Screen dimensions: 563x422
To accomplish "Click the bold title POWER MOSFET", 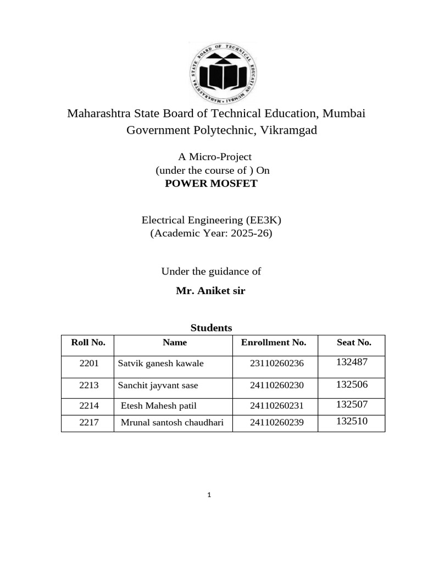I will click(x=211, y=184).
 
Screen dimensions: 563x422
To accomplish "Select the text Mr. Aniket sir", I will click(x=210, y=291).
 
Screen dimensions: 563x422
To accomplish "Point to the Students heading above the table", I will click(x=211, y=328).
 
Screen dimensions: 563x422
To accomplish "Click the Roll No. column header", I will click(x=88, y=343).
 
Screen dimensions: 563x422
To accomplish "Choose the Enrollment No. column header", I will click(x=273, y=343).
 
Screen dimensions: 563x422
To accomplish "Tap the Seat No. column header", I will click(x=354, y=343).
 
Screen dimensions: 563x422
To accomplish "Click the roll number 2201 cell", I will click(x=88, y=363).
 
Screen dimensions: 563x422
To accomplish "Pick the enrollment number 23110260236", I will click(x=276, y=363).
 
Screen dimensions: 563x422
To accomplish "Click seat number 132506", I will click(x=352, y=384).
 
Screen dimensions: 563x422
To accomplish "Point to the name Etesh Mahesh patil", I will click(x=158, y=406).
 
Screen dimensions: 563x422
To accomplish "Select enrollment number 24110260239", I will click(x=276, y=422).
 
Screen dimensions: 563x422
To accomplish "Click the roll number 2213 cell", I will click(x=88, y=385).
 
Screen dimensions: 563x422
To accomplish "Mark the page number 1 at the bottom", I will click(x=209, y=495).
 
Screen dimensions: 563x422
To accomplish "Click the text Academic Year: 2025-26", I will click(x=211, y=233).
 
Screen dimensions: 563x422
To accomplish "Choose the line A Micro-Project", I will click(x=212, y=157).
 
